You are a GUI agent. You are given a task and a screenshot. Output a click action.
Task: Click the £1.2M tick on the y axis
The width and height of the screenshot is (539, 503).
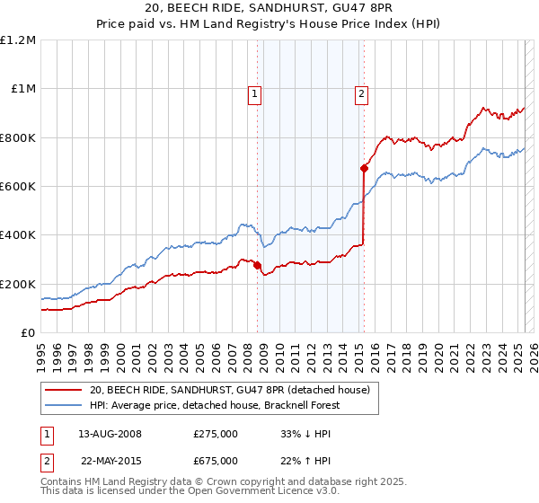(18, 40)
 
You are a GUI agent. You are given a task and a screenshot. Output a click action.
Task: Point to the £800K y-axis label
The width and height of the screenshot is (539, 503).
(18, 137)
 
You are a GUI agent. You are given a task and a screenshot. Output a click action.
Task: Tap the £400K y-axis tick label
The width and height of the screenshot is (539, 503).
(18, 235)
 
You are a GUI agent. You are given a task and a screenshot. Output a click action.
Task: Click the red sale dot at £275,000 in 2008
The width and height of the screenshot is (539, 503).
(257, 266)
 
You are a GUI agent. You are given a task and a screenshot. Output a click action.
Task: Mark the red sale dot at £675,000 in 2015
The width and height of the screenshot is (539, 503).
(364, 168)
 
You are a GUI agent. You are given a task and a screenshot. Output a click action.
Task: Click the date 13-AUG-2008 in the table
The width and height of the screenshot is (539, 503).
(110, 434)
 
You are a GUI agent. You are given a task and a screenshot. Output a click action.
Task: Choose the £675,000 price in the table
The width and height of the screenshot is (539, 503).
(215, 461)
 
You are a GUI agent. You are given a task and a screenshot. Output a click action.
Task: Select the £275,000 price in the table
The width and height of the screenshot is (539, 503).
(215, 434)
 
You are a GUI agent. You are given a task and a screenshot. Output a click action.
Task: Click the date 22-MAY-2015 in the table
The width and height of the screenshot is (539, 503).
(110, 461)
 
